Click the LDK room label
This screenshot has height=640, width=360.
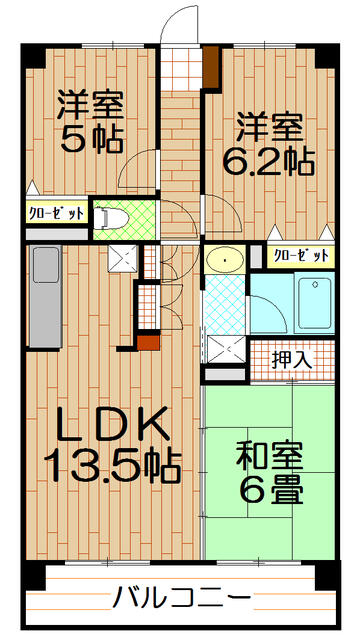coord(109,427)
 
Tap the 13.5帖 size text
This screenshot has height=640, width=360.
coord(110,464)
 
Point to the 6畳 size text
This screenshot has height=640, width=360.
coord(270,490)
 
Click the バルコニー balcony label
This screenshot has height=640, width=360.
coord(181,600)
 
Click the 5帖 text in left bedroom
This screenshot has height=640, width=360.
coord(90,137)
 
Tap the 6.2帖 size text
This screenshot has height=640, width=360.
coord(270,160)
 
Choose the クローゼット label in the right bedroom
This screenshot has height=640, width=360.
coord(301,256)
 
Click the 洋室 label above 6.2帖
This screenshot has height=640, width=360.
coord(269,128)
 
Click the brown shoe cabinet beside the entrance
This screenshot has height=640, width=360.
coord(211,66)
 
